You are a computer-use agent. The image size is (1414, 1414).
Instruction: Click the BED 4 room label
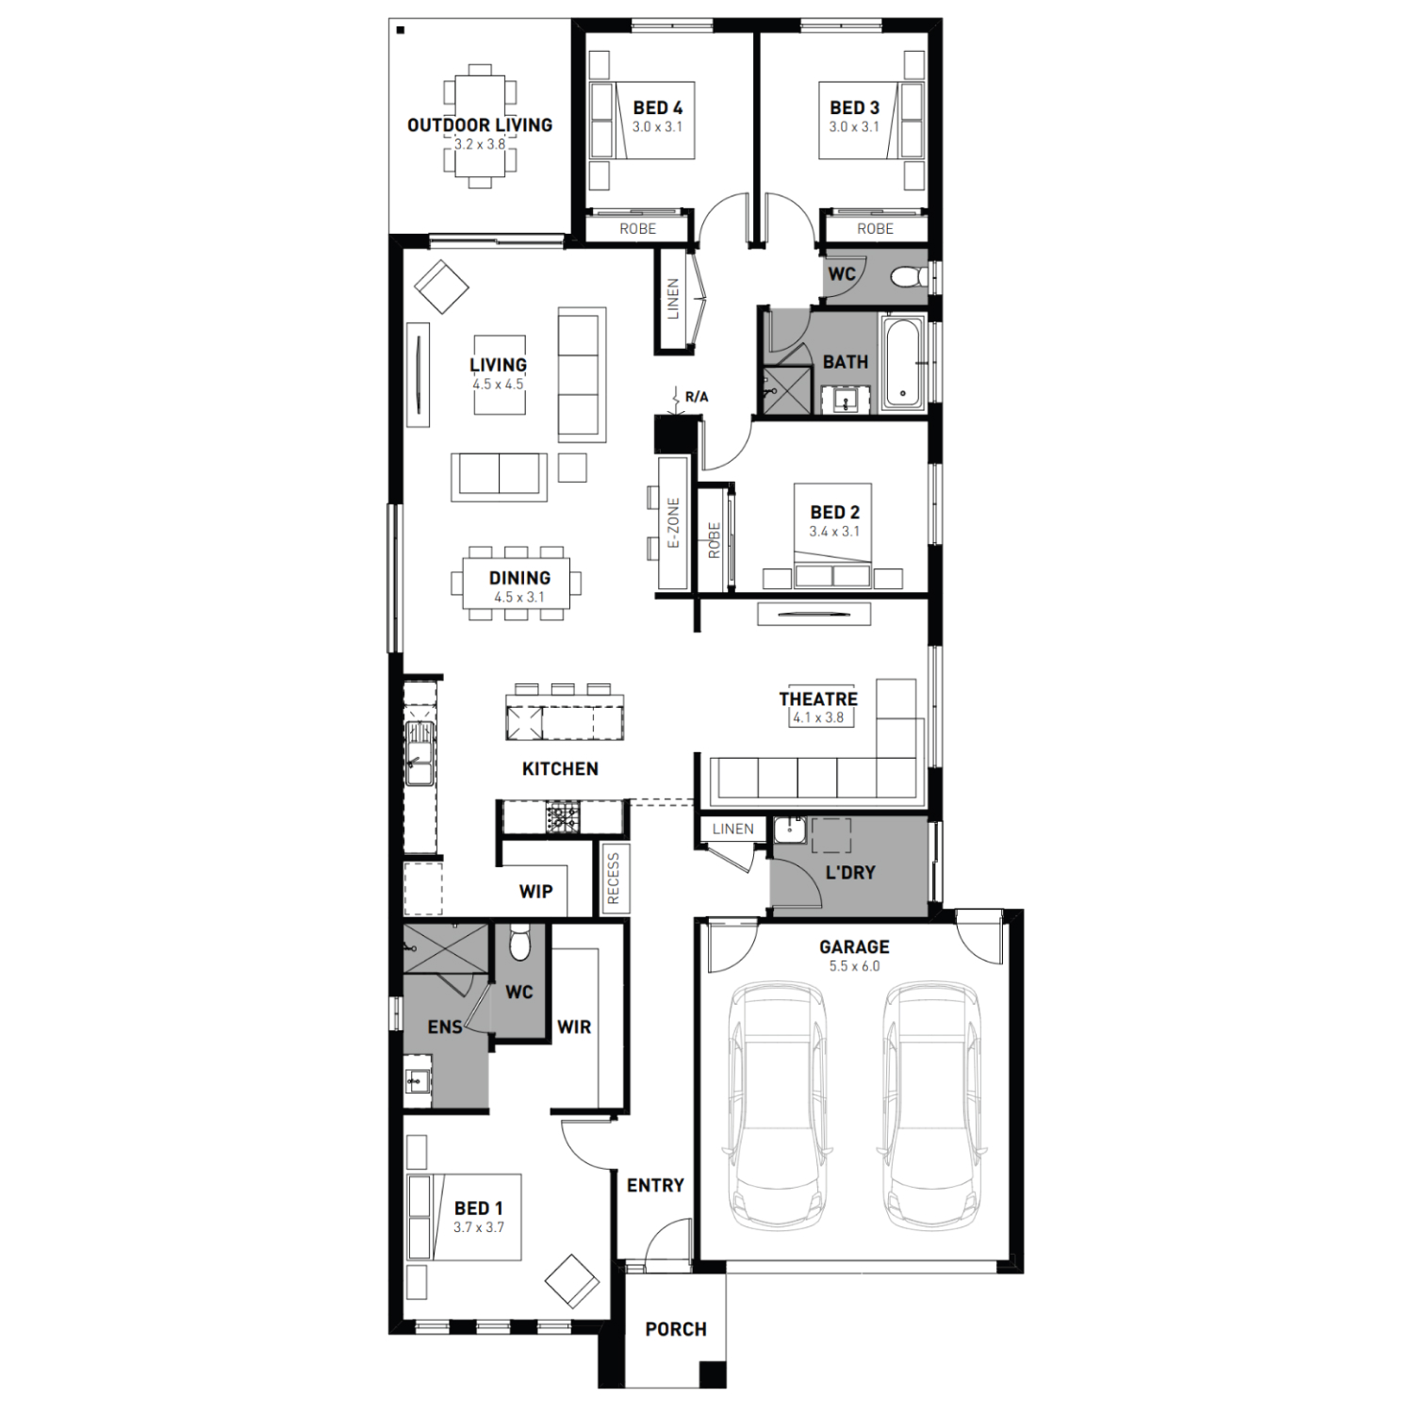658,108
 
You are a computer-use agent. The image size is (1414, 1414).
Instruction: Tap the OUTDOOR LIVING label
480,124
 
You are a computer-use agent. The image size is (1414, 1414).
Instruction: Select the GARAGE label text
854,946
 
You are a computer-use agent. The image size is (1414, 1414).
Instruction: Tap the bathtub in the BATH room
904,364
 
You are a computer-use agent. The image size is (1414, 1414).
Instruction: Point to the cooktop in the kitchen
564,817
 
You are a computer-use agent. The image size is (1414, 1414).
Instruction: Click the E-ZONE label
673,523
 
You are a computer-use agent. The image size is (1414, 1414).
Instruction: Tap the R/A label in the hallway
697,397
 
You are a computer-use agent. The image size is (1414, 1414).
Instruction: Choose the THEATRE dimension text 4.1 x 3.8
818,717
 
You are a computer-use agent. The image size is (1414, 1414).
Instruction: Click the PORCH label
676,1329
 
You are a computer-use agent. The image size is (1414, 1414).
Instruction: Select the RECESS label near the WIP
614,879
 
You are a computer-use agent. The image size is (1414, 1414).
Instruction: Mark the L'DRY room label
850,873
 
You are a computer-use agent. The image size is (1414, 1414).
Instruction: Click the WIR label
574,1028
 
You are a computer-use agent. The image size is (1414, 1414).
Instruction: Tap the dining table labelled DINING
521,584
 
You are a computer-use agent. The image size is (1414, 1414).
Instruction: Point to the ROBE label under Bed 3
875,229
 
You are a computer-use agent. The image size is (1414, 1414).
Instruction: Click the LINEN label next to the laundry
732,830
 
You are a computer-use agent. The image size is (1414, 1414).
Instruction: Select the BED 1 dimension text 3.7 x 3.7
479,1227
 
